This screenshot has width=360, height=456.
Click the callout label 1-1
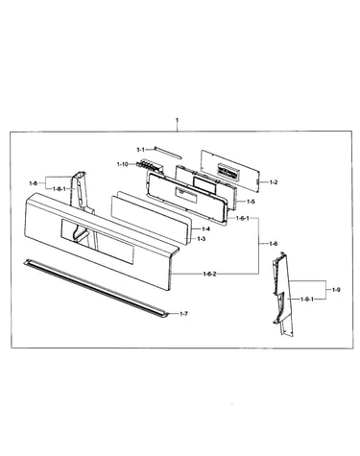coord(141,150)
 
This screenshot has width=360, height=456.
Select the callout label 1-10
coord(122,164)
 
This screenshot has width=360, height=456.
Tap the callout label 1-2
coord(274,182)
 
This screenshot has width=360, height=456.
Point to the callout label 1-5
coord(251,202)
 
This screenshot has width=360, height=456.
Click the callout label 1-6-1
coord(243,218)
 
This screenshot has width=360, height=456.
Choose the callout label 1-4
coord(205,228)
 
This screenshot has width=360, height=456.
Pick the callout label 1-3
coord(201,239)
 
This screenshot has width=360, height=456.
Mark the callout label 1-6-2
coord(209,274)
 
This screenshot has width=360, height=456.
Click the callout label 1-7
coord(183,314)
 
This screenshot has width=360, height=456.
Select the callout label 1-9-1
coord(307,300)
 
